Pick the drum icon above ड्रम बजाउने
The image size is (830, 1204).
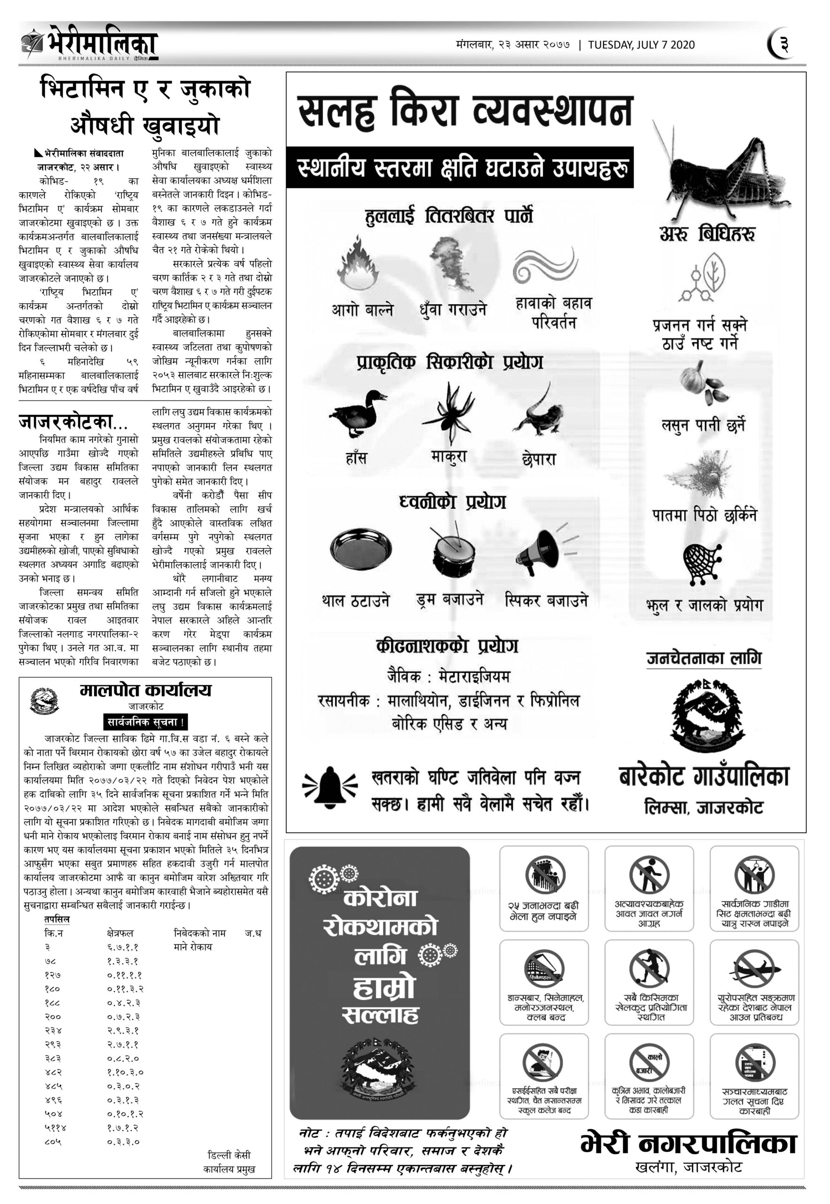coord(453,552)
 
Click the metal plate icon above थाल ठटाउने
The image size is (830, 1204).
coord(361,549)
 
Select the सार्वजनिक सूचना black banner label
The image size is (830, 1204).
coord(145,722)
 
